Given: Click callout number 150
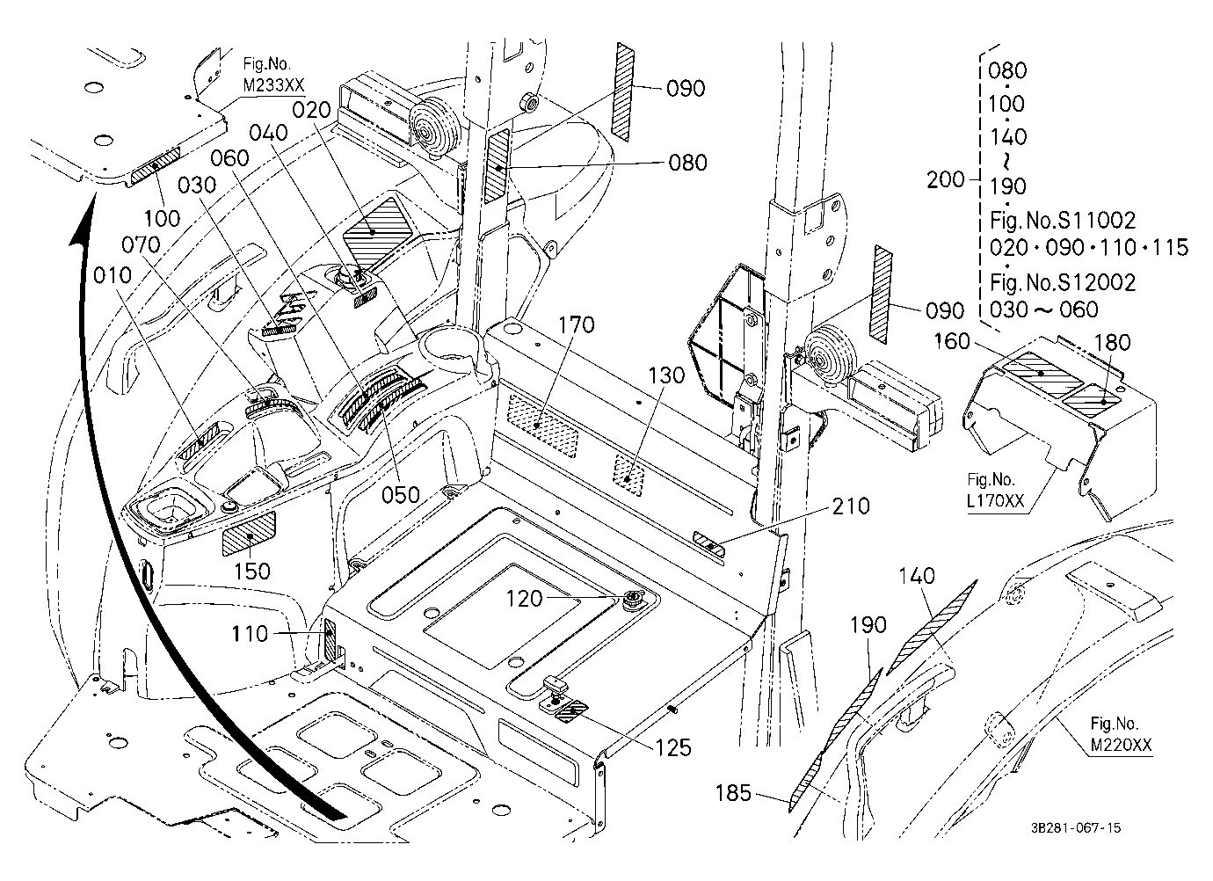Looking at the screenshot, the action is (x=251, y=572).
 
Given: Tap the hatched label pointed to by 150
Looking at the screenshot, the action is (x=249, y=534).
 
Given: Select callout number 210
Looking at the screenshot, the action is (x=851, y=506).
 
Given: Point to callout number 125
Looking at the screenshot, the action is (x=673, y=747).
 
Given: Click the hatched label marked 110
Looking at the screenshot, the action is (x=330, y=641).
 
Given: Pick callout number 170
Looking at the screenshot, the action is (x=577, y=325).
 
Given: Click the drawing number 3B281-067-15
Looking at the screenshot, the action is (x=1076, y=828).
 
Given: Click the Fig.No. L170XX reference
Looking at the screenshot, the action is (x=995, y=491).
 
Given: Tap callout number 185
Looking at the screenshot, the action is (x=733, y=793).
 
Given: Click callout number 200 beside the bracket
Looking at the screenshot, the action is (x=946, y=179).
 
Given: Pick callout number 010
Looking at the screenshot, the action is (x=113, y=275).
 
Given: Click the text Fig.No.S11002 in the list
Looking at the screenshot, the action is (x=1063, y=220).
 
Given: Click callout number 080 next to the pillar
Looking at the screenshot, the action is (x=687, y=163).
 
